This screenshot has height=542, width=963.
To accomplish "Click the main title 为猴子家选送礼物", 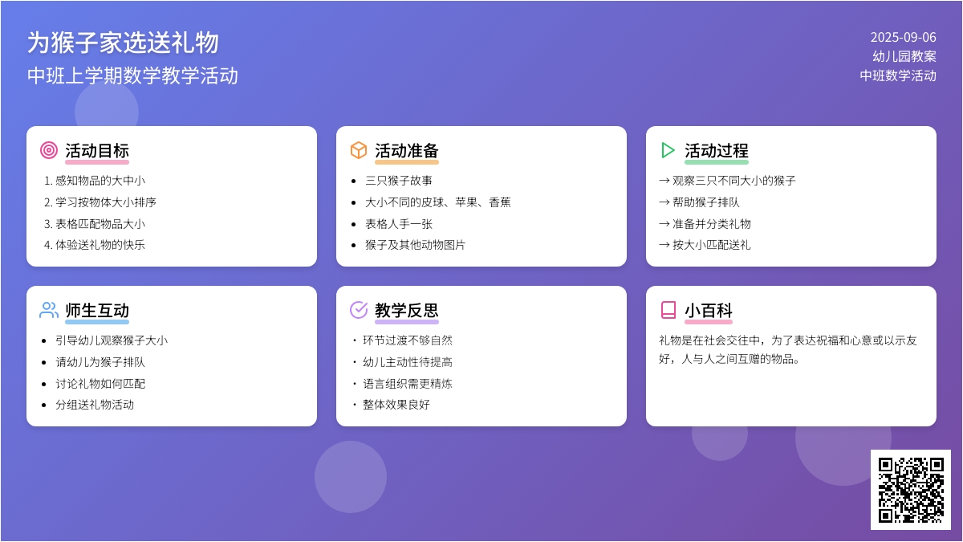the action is (123, 43).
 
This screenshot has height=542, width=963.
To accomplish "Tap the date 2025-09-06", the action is (904, 38).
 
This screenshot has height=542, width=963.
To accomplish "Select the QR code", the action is (911, 490).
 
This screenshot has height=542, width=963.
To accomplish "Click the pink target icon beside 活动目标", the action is (49, 150).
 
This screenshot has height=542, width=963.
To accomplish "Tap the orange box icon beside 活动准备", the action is (359, 150).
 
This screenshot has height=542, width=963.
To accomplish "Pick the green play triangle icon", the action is (667, 150).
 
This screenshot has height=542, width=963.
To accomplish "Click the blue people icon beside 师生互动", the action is (49, 310).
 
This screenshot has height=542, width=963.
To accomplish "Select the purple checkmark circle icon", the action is (359, 310).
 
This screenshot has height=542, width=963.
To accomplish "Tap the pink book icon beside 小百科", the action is (668, 310).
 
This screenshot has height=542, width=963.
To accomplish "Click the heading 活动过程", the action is (716, 151).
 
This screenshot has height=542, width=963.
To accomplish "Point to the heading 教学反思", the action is (406, 310).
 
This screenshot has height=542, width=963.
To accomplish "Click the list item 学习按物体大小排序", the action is (106, 202).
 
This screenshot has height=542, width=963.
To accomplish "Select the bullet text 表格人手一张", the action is (399, 224).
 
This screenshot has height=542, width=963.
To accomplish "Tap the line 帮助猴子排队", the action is (706, 202).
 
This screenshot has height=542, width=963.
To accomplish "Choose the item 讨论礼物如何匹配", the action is (100, 383).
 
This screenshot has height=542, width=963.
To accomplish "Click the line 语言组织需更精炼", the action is (408, 383).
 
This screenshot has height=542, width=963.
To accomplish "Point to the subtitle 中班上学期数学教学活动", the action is (132, 75).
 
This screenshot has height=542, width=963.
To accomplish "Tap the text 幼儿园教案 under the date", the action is (904, 56).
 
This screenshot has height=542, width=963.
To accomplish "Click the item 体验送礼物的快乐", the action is (100, 245).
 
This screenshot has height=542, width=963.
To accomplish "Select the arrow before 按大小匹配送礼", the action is (664, 245).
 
